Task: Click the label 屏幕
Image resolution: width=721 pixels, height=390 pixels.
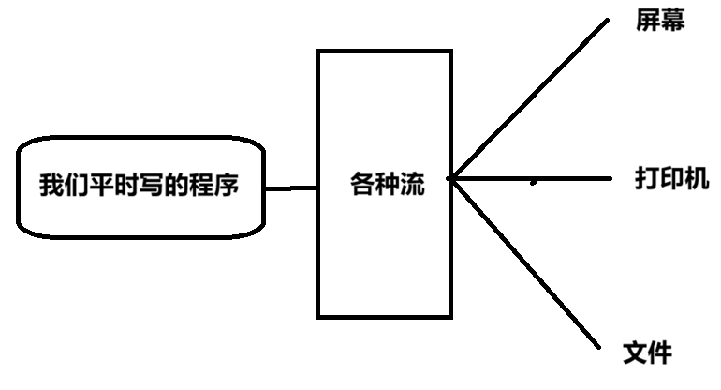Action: (660, 22)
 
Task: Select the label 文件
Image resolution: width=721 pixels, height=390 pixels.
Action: (647, 352)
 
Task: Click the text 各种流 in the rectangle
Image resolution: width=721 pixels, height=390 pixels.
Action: (388, 185)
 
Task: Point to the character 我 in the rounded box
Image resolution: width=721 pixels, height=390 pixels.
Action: (50, 185)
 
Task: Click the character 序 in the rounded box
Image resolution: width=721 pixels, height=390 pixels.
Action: (227, 185)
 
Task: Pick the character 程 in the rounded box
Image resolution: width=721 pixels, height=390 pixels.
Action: (201, 185)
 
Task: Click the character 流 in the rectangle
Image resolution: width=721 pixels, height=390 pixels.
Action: (412, 185)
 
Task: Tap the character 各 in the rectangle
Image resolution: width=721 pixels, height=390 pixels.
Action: (362, 185)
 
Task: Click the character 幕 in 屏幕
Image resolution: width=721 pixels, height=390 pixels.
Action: (673, 22)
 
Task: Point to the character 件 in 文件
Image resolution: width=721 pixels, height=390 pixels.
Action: (659, 352)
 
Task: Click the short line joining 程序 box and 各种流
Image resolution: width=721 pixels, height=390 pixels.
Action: (291, 188)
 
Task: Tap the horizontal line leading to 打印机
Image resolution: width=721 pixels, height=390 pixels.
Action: (562, 177)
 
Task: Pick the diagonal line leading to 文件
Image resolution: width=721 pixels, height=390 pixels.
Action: (524, 261)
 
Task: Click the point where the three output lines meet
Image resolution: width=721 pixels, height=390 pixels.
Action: (450, 177)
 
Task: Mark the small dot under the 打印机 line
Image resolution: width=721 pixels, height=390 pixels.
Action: (533, 182)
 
